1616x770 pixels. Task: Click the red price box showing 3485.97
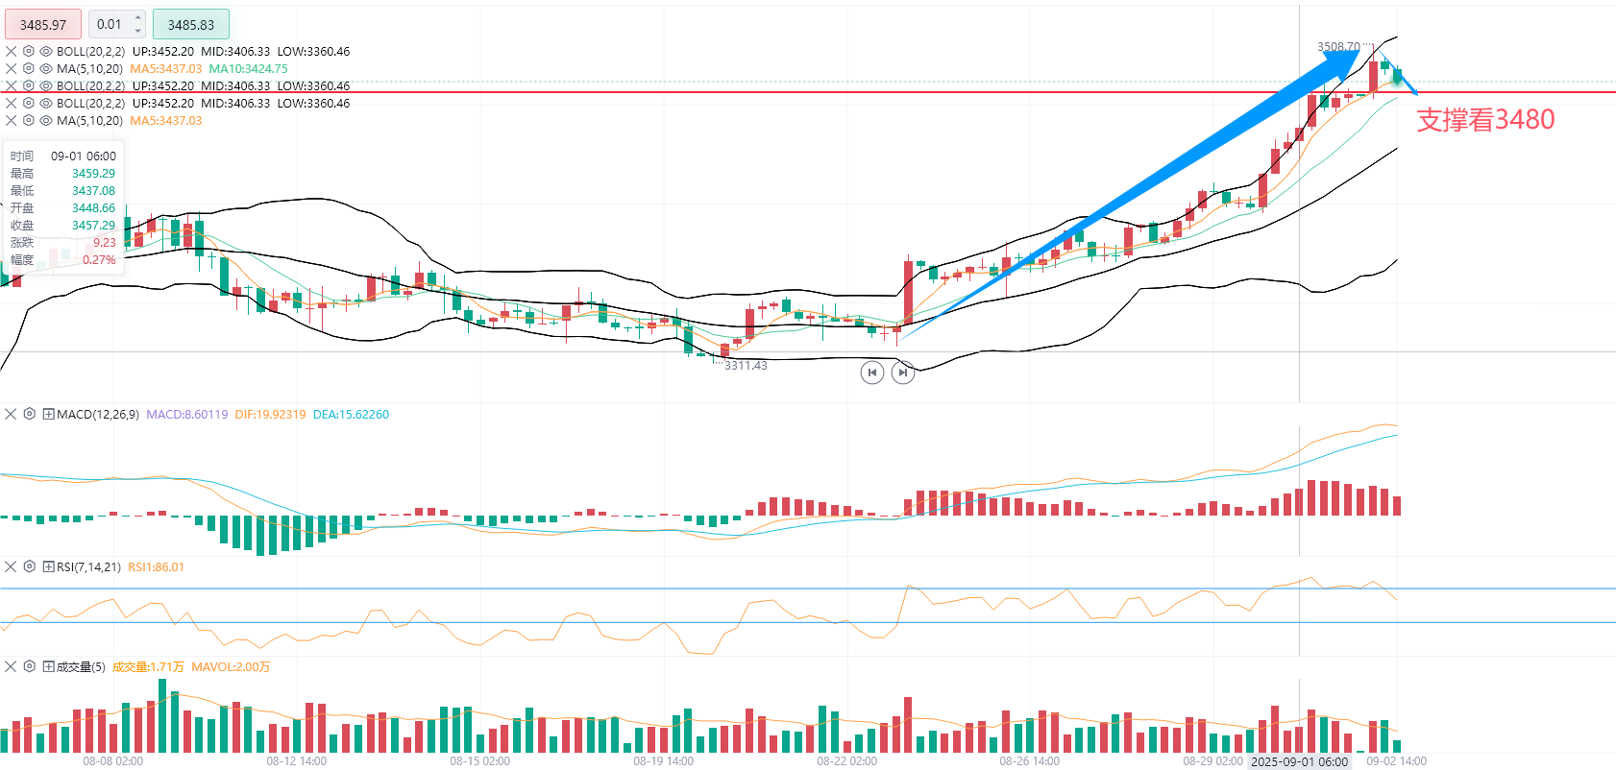[43, 25]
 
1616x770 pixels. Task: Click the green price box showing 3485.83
[190, 25]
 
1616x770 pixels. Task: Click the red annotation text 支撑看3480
[1485, 120]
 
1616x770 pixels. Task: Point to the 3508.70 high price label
[1338, 46]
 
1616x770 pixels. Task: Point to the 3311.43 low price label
[746, 366]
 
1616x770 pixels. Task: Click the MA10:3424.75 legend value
[248, 69]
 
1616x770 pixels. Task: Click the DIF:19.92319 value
[270, 415]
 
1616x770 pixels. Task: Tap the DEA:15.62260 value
[351, 415]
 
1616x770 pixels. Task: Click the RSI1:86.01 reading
[156, 567]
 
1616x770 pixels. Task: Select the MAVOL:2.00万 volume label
[231, 667]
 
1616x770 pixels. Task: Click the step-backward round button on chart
[871, 373]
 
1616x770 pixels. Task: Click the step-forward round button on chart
[902, 373]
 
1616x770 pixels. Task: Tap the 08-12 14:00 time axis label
[296, 761]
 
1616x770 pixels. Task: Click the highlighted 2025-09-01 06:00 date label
[1299, 761]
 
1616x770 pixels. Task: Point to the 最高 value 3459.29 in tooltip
[93, 174]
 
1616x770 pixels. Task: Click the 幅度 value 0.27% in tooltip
[99, 260]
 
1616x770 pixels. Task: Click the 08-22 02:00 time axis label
[846, 761]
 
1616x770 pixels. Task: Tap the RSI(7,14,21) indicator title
[88, 567]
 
